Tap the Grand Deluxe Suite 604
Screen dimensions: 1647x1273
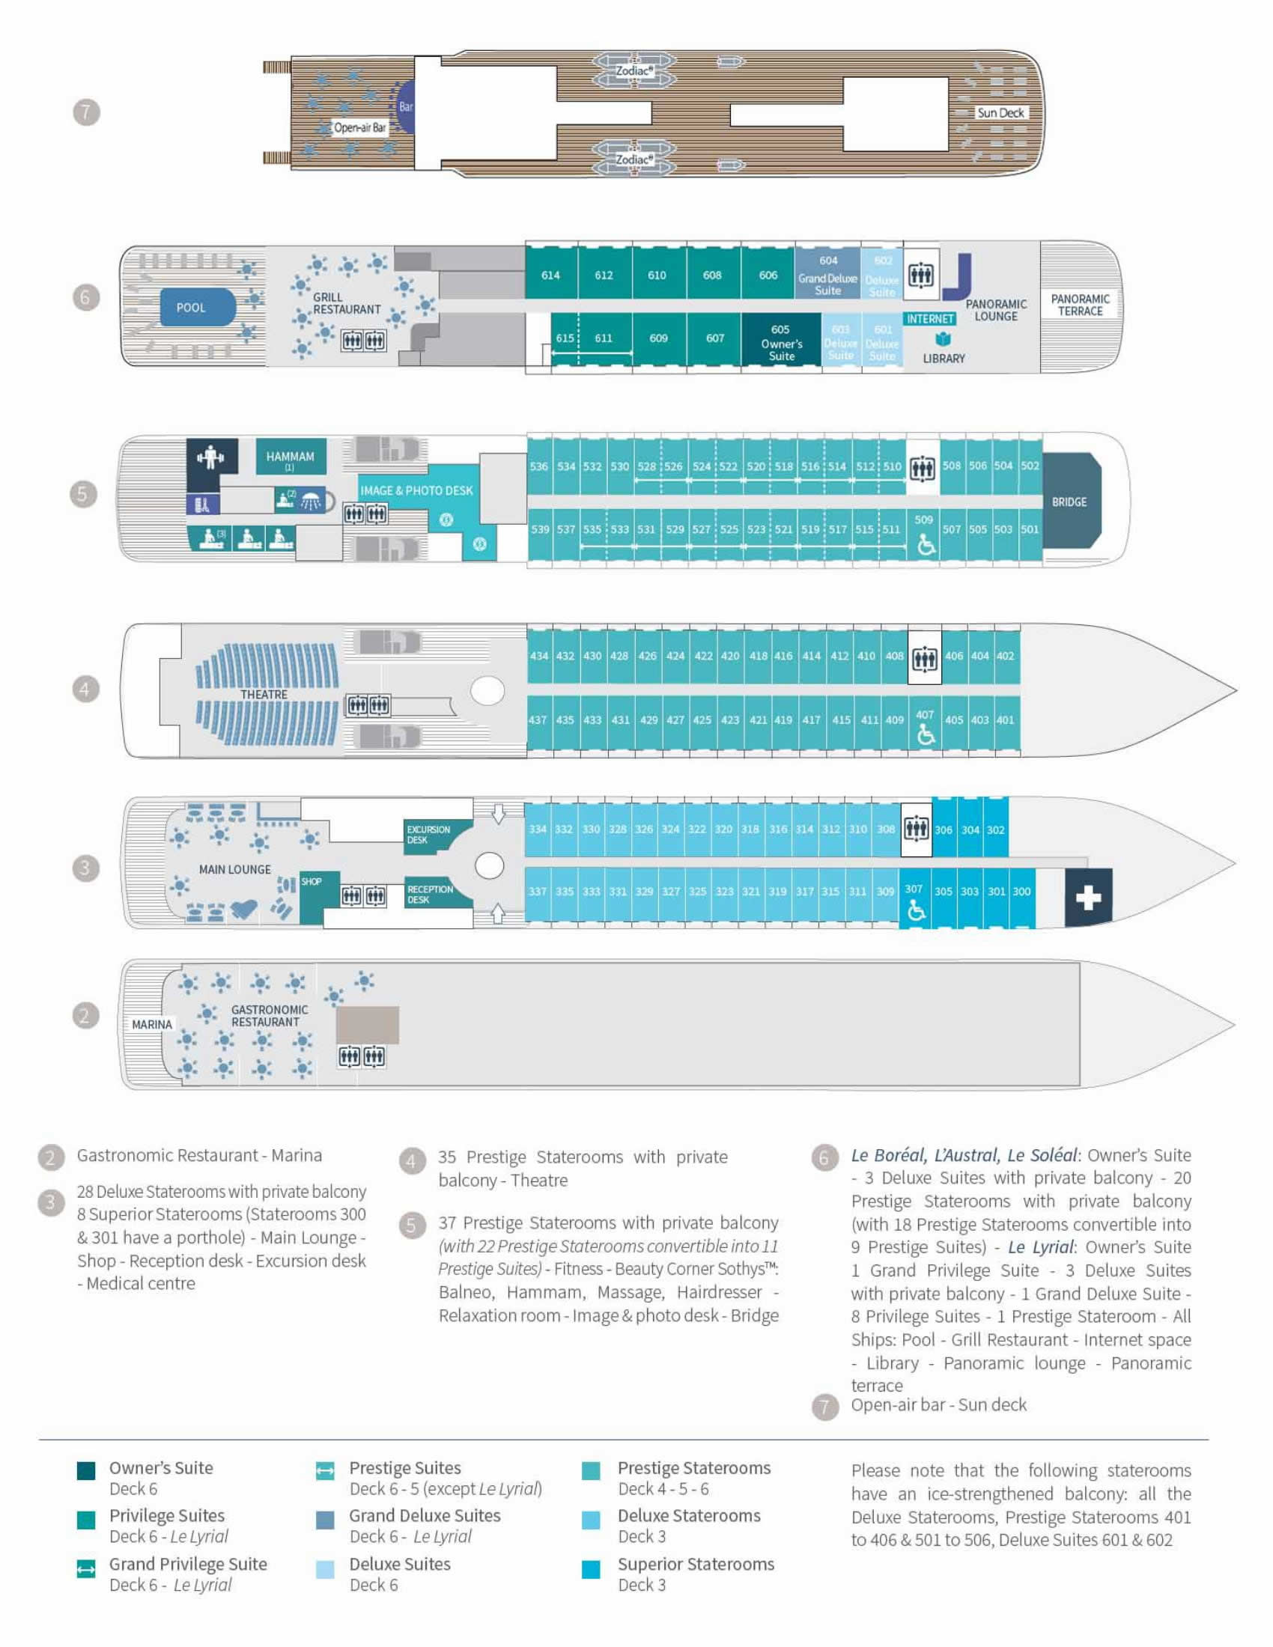[x=827, y=275]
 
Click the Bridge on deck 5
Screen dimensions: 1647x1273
[x=1069, y=502]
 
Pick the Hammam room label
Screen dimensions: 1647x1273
[x=291, y=457]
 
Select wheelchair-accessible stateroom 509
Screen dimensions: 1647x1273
[x=924, y=535]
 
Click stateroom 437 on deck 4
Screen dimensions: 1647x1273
[x=538, y=720]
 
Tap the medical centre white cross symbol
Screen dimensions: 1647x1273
[x=1087, y=898]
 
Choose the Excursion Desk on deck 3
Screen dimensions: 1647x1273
[x=428, y=834]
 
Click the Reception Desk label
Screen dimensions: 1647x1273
[x=430, y=895]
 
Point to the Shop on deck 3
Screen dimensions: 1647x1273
[x=312, y=883]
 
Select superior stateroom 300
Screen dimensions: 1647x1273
[x=1021, y=892]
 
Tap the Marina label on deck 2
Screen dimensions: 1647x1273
[x=151, y=1024]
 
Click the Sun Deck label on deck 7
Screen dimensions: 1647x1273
[x=1000, y=113]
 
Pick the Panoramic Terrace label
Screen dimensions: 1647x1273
[x=1080, y=305]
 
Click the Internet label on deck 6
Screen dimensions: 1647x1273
[x=929, y=319]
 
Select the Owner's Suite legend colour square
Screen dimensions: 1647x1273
[x=86, y=1470]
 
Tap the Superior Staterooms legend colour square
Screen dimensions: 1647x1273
[x=592, y=1569]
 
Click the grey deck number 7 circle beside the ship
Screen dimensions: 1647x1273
[x=86, y=113]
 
